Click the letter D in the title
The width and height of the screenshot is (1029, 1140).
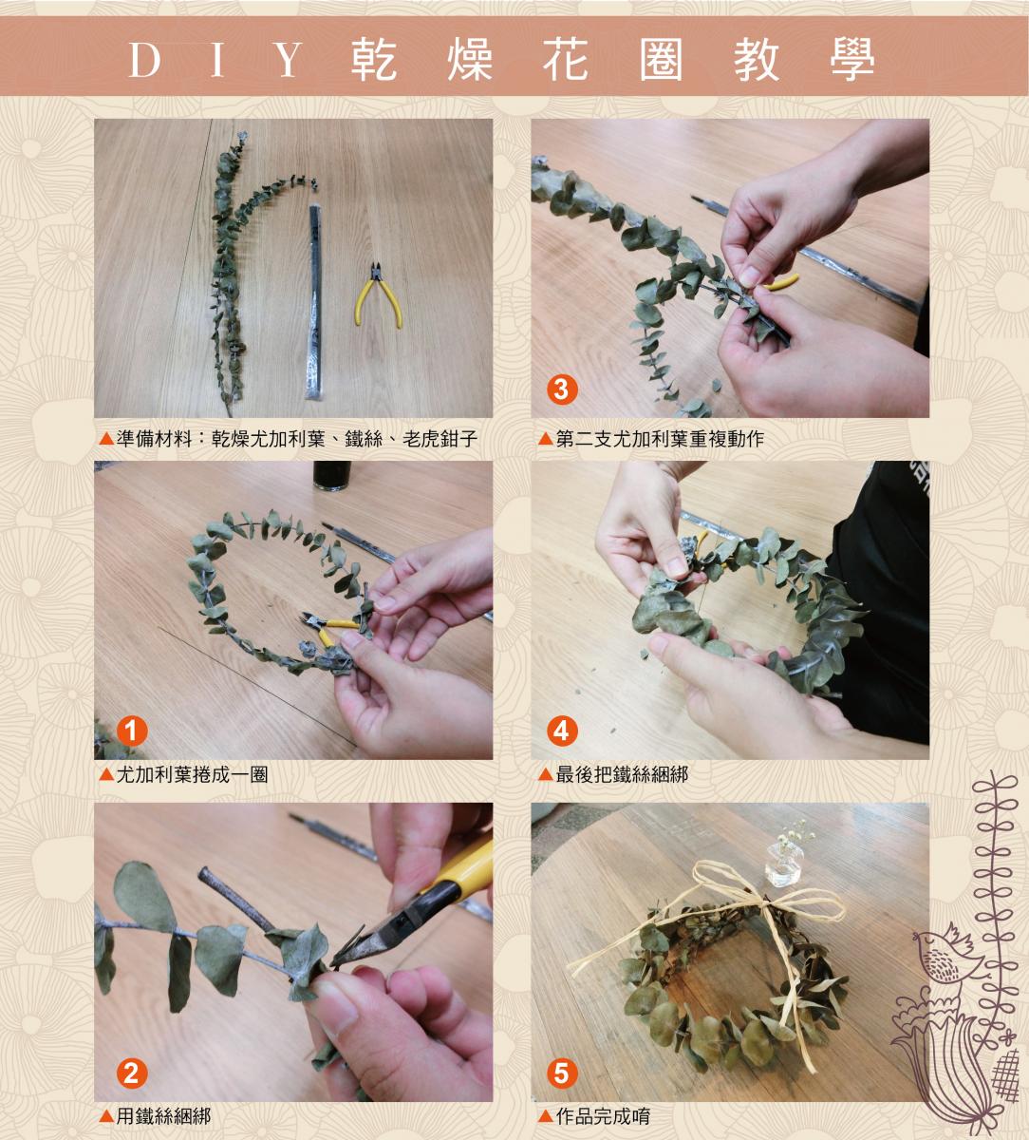tap(145, 60)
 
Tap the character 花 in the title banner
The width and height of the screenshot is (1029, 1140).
tap(565, 60)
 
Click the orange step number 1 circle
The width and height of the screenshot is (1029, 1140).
tap(132, 731)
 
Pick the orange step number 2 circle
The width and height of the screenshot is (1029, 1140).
tap(132, 1073)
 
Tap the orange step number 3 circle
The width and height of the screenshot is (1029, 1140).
tap(562, 389)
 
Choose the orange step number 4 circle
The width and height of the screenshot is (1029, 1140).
tap(562, 731)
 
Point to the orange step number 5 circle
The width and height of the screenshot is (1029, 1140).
tap(562, 1073)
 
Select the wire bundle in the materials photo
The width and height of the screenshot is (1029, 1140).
tap(314, 301)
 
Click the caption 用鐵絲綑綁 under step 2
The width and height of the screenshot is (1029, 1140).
tap(163, 1116)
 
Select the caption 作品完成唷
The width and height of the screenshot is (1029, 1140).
tap(603, 1116)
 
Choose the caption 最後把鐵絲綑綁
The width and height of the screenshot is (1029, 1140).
tap(622, 774)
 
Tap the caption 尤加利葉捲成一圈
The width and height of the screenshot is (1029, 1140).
tap(192, 774)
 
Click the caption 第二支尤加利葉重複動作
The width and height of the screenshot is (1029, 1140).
tap(660, 438)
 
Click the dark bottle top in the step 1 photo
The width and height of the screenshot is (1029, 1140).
tap(331, 476)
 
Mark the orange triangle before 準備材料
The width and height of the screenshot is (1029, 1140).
tap(106, 438)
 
